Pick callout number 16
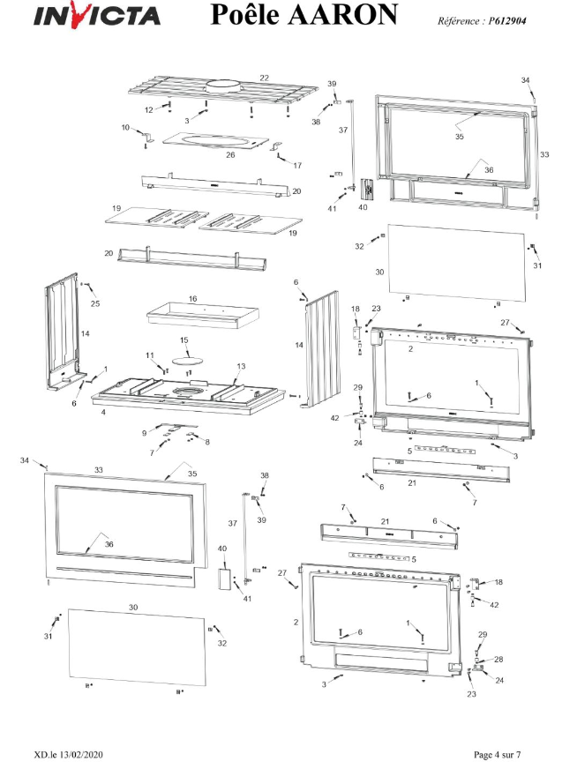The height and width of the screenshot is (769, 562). (192, 299)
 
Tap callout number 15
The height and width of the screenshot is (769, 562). (184, 340)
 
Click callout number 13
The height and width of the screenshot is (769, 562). (240, 366)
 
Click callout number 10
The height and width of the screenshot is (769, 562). (125, 128)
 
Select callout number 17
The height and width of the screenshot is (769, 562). (297, 165)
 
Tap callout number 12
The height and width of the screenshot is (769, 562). (149, 109)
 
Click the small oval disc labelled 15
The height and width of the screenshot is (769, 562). (186, 359)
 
